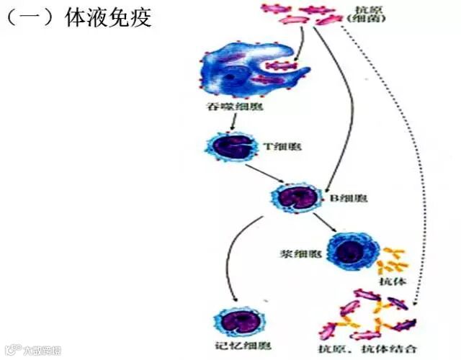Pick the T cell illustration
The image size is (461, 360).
pyautogui.click(x=233, y=147)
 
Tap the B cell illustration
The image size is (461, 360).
pyautogui.click(x=292, y=197)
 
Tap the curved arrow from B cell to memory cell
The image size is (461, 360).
pyautogui.click(x=230, y=259)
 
